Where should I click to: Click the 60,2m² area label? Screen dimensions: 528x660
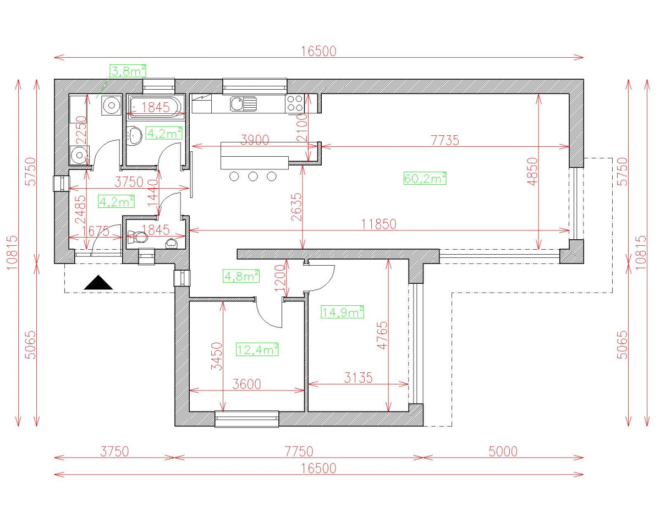pos(425,178)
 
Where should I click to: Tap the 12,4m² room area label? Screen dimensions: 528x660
pos(257,349)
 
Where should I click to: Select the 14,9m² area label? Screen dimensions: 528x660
pos(343,312)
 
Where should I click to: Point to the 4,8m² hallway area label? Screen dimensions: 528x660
pos(241,276)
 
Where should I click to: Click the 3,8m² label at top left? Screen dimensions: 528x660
pos(128,70)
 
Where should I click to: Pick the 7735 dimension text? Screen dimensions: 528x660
pos(444,140)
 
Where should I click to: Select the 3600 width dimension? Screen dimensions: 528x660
pos(246,384)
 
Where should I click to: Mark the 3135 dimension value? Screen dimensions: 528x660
pos(358,378)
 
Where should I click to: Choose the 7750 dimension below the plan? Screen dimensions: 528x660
pos(298,452)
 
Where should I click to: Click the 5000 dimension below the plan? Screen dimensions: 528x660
pos(503,452)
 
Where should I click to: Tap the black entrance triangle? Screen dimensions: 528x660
pos(98,283)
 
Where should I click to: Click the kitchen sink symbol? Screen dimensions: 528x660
pos(243,103)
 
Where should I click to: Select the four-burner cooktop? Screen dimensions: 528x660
pos(295,103)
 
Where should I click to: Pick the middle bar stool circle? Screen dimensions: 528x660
pos(253,176)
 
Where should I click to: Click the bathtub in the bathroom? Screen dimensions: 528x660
pos(156,106)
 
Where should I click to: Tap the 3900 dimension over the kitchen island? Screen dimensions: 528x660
pos(255,140)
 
